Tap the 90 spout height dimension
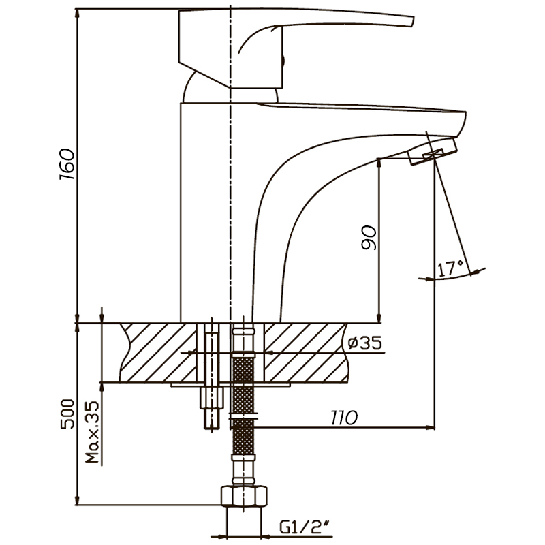point(369,237)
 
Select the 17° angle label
point(450,268)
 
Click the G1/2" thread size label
point(305,527)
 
